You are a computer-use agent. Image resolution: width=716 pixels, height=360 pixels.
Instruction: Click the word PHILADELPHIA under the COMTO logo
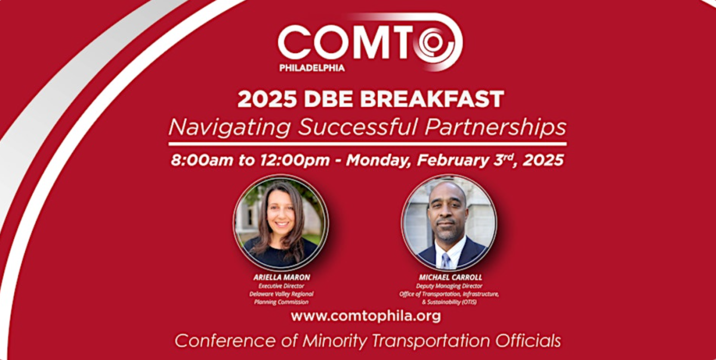tap(311, 67)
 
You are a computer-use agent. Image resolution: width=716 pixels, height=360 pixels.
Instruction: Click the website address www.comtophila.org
tap(366, 316)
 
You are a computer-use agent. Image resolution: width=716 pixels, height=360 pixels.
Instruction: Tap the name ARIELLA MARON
tap(281, 278)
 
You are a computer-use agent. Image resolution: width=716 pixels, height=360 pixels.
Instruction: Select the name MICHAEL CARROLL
tap(449, 278)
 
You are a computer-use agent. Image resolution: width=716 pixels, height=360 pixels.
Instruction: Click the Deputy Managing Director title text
tap(449, 286)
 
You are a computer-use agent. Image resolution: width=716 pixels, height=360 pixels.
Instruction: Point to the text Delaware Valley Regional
tap(281, 294)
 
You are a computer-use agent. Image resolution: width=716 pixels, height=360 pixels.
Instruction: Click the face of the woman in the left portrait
tap(280, 213)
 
